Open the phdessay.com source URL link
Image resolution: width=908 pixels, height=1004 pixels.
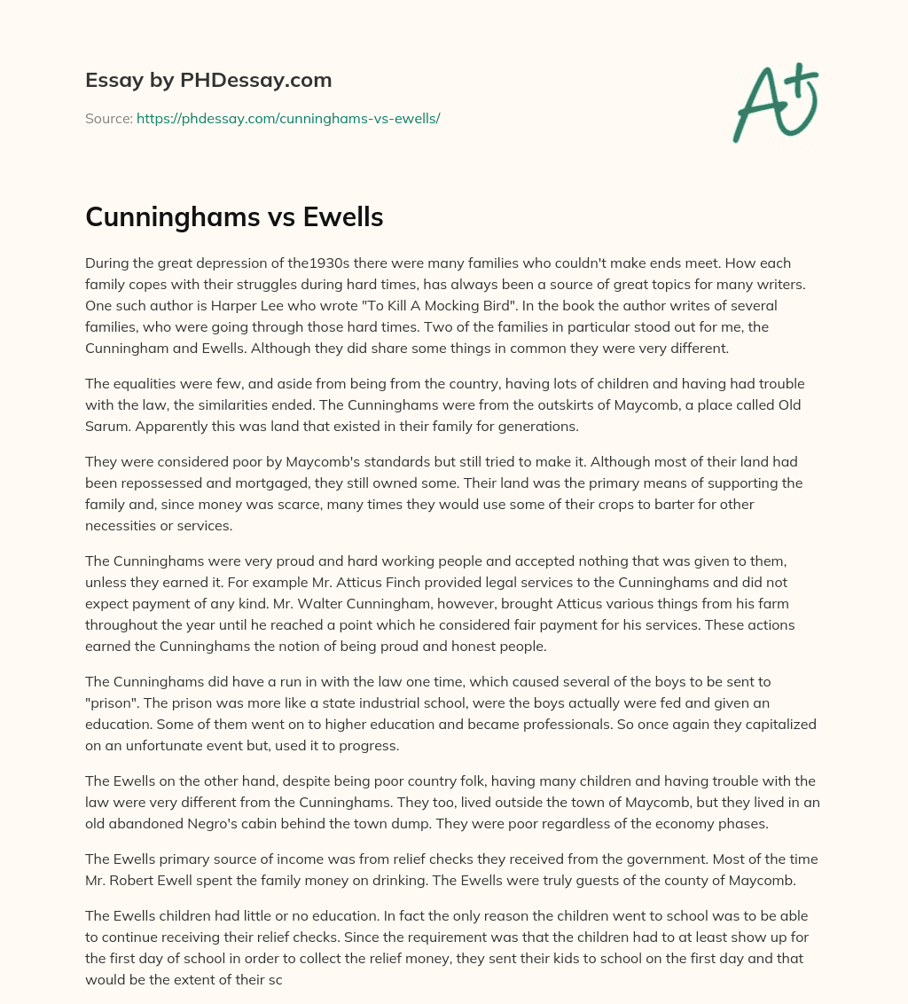click(288, 118)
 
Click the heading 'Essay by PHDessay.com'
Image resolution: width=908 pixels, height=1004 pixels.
click(208, 81)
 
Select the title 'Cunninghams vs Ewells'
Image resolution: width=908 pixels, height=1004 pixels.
click(234, 216)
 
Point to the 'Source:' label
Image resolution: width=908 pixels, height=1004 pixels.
click(108, 118)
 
